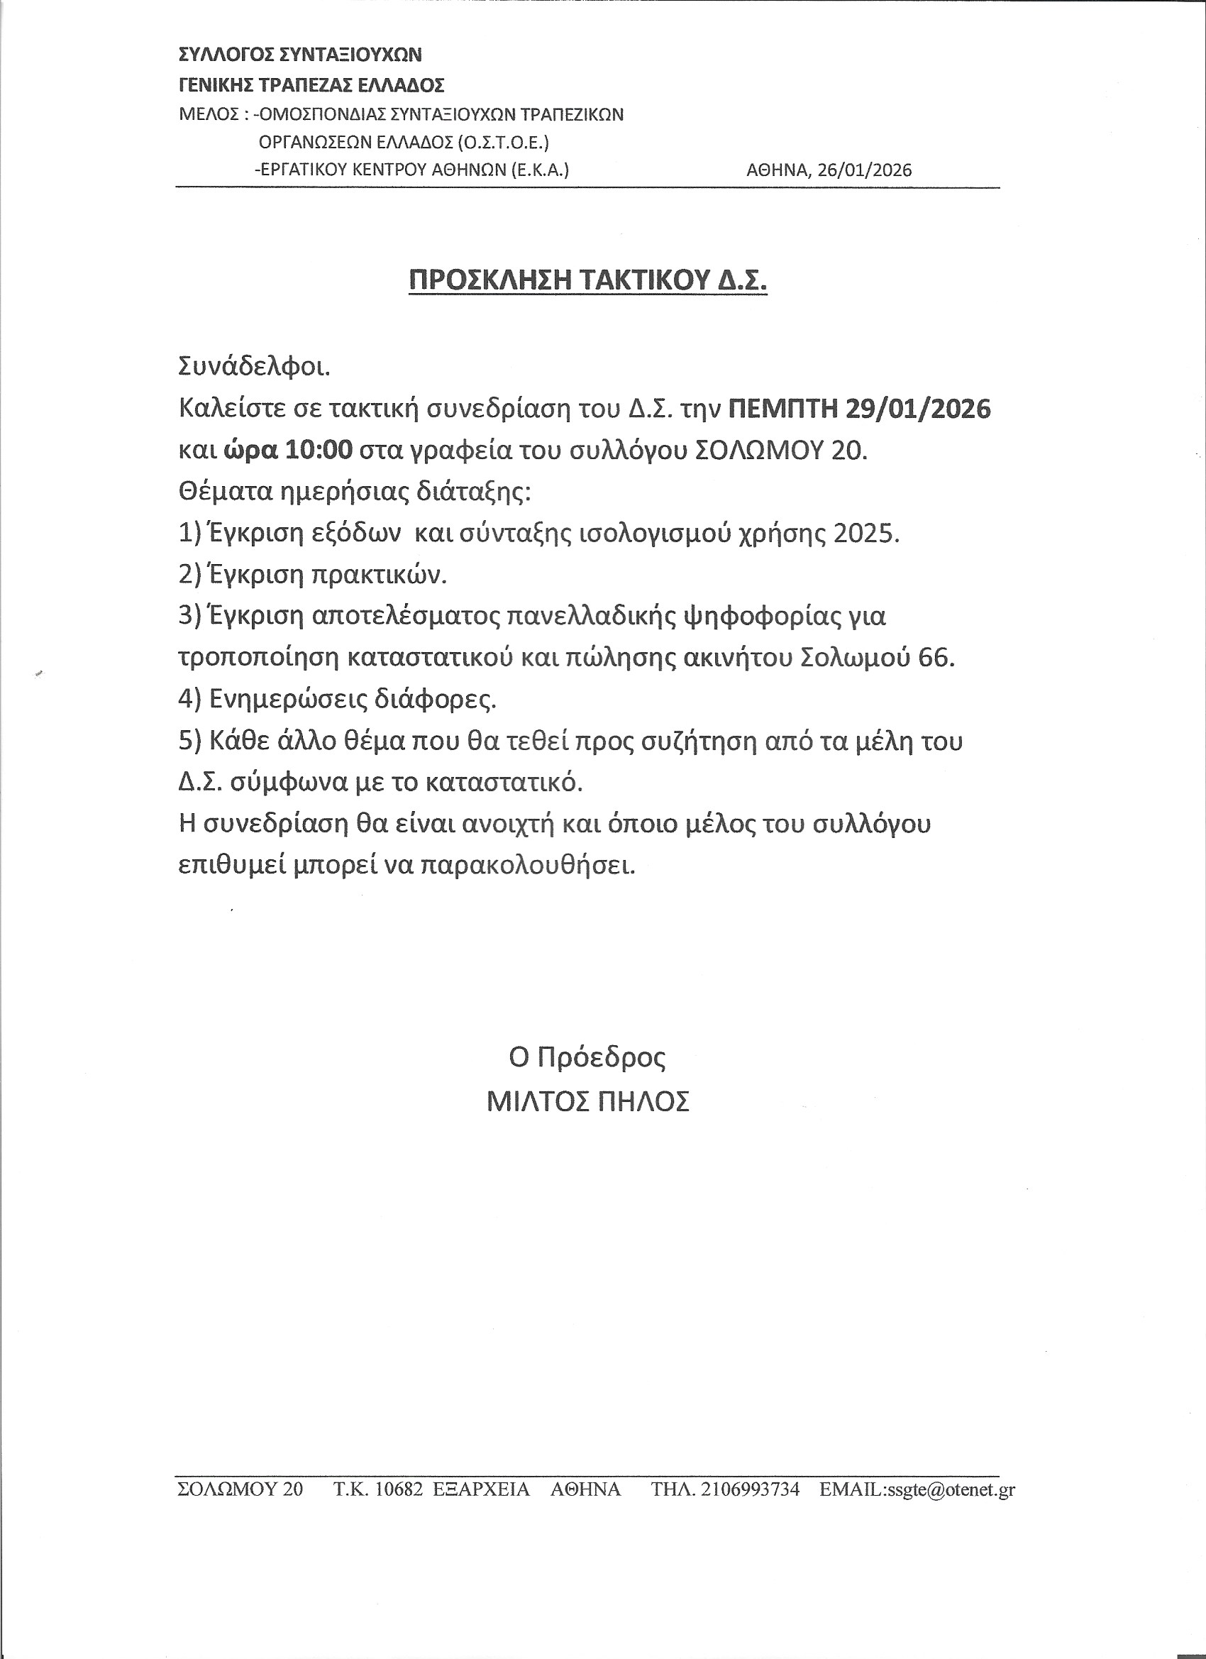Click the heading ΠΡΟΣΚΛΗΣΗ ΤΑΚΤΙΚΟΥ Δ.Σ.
(587, 280)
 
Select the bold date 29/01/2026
(918, 408)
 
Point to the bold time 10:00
(319, 450)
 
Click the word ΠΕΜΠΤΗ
(782, 408)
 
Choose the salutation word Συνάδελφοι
(255, 366)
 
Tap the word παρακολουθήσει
(526, 866)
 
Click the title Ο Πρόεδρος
(587, 1059)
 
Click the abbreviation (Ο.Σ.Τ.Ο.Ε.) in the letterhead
(502, 142)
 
